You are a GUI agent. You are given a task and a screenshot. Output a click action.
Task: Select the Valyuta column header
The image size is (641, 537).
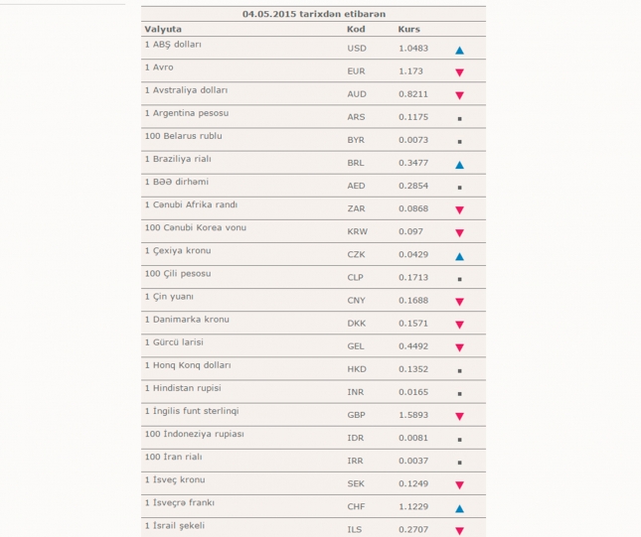163,29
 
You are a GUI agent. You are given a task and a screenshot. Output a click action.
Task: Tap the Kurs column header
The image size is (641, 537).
408,29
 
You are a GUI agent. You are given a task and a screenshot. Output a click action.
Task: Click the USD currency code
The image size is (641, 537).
357,49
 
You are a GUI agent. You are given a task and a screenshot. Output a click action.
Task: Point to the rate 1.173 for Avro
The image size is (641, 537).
410,71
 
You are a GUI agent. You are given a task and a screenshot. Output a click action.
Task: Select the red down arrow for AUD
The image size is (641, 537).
459,95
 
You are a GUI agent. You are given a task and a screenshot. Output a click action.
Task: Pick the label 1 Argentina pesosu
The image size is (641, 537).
186,113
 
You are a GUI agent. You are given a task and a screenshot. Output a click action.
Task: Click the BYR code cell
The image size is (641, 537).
357,140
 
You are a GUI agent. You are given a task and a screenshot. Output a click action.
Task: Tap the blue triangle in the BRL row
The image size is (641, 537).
459,164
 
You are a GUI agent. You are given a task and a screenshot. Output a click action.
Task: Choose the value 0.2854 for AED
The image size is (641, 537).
413,186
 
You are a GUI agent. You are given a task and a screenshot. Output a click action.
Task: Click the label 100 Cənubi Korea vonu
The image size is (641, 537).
195,227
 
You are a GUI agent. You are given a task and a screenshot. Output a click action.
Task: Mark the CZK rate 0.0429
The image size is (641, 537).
413,255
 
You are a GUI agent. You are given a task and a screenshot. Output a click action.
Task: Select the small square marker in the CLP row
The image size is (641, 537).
459,279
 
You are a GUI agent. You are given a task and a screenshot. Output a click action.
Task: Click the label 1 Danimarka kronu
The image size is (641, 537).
187,319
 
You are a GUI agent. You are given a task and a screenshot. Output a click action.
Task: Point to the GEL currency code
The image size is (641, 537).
357,346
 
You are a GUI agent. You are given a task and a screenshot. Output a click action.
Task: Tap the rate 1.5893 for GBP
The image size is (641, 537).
413,415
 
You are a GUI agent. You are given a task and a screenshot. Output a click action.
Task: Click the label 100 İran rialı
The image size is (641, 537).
173,457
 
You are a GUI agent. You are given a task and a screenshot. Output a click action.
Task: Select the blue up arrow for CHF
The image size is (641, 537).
459,508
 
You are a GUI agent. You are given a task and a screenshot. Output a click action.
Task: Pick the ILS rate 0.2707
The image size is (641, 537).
413,529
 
